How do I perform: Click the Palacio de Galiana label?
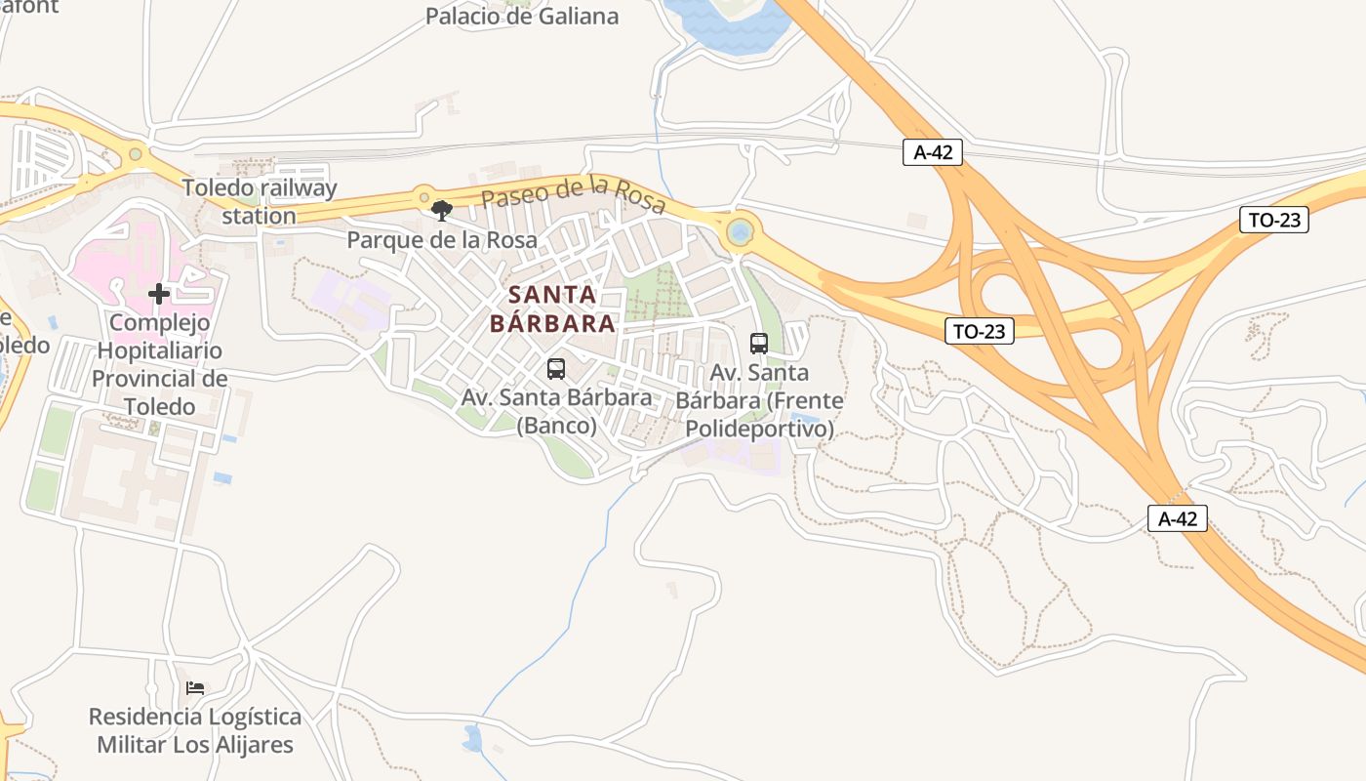(522, 17)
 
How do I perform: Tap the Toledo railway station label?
(260, 202)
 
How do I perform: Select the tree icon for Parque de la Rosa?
(442, 210)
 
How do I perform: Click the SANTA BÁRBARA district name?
(552, 308)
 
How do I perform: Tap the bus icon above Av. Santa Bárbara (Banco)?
(556, 369)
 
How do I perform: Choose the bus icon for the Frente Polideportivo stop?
(759, 344)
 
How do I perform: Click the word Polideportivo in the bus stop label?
(760, 429)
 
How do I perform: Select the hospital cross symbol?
(159, 294)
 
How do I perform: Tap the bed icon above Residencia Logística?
(195, 688)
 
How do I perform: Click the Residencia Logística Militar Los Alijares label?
(195, 731)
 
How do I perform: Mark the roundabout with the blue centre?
(740, 232)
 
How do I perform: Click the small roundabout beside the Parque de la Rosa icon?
(423, 196)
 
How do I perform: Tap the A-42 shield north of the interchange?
(933, 152)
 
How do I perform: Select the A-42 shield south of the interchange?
(1178, 518)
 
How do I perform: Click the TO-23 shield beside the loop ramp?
(980, 331)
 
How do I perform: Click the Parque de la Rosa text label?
(442, 240)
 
